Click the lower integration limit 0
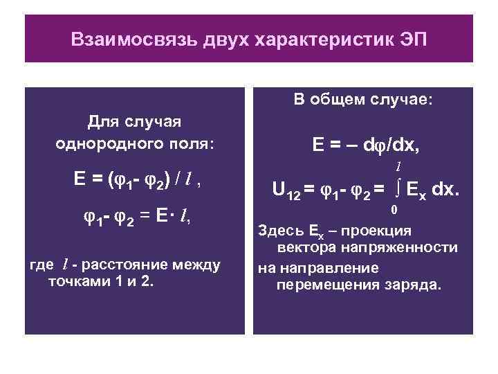[x=394, y=209]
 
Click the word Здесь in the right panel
[x=279, y=231]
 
